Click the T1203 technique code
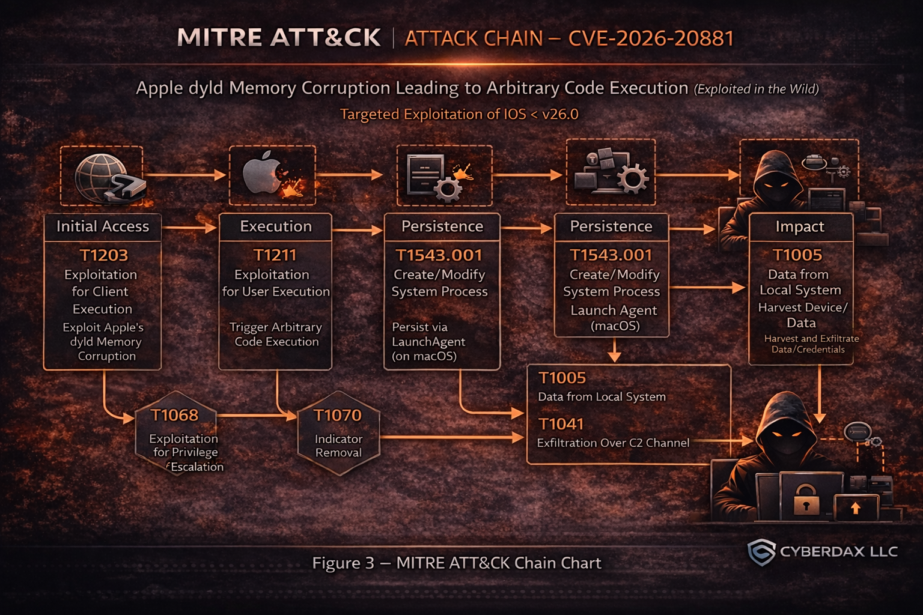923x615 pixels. tap(104, 255)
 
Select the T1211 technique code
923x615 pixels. tap(275, 255)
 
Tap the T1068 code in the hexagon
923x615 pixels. tap(174, 415)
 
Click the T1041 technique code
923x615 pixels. tap(561, 424)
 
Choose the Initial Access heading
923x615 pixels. tap(103, 226)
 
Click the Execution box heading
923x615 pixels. tap(276, 226)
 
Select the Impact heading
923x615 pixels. tap(800, 226)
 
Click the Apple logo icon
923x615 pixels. tap(263, 172)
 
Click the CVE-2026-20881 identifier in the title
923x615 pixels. tap(651, 38)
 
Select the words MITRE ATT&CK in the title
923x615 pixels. tap(279, 38)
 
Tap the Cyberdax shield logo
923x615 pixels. tap(761, 551)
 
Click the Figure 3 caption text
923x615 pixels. tap(456, 563)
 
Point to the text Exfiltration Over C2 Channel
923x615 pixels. tap(613, 443)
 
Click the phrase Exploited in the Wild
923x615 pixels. tap(757, 89)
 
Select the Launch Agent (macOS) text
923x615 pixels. tap(614, 318)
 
